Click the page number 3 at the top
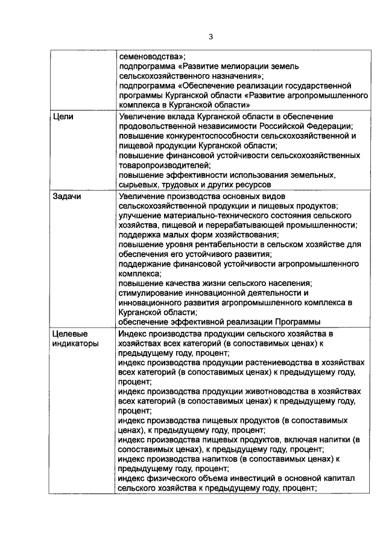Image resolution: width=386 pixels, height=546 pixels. (x=211, y=37)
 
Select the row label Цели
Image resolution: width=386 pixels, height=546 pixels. (x=63, y=117)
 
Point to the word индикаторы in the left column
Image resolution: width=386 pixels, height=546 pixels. (x=75, y=343)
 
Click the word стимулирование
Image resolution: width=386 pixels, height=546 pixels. (x=150, y=293)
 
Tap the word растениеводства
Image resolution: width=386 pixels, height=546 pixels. (x=273, y=363)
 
